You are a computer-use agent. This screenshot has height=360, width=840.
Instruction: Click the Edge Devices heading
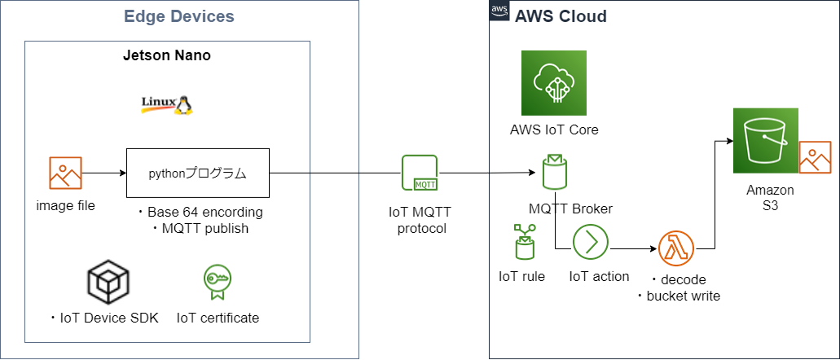(x=179, y=16)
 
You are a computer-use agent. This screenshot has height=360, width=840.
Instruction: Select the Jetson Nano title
(x=167, y=55)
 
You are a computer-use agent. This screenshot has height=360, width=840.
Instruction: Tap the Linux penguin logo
(x=166, y=104)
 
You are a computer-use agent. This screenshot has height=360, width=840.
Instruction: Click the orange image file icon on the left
(x=65, y=173)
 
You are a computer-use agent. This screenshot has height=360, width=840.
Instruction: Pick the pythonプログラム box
(x=197, y=173)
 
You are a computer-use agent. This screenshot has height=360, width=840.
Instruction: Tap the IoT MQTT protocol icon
(x=420, y=173)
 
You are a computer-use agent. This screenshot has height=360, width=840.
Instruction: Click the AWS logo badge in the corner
(x=499, y=11)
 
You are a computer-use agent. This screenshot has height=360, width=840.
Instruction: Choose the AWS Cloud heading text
(x=561, y=17)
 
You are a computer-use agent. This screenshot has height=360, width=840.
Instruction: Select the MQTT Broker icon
(x=555, y=172)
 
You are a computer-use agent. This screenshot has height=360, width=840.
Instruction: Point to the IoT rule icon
(x=521, y=243)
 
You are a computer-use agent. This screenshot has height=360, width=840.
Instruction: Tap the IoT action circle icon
(x=590, y=243)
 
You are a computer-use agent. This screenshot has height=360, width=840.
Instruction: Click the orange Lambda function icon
(x=676, y=248)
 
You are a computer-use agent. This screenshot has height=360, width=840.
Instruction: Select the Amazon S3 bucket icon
(x=765, y=140)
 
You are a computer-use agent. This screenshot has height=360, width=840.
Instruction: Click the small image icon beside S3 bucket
(x=815, y=156)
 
